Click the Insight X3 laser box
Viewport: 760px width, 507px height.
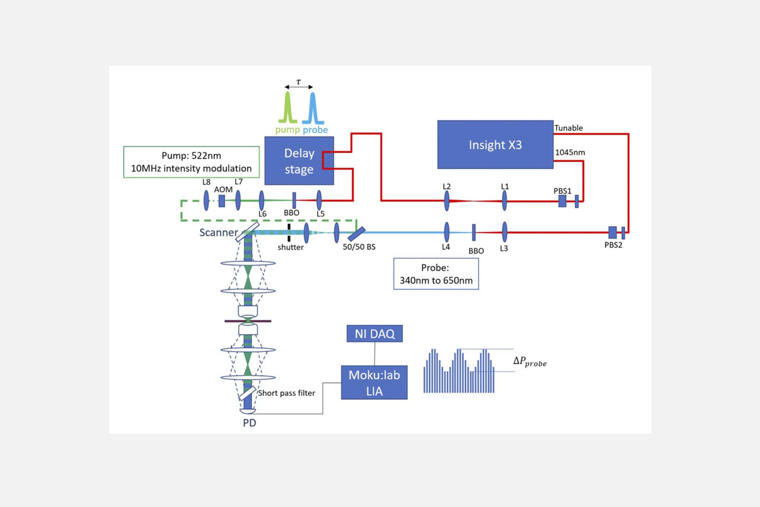495,145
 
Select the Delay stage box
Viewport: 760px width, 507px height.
299,161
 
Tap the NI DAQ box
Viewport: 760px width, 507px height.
374,334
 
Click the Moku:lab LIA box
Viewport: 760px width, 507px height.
374,383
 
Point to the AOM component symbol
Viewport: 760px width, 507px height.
222,201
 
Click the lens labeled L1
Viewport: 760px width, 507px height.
504,200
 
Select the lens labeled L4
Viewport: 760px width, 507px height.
446,232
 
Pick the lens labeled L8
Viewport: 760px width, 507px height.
206,200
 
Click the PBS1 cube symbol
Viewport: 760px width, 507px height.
562,201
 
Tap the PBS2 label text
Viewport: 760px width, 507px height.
613,245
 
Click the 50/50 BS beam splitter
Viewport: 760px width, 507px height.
356,234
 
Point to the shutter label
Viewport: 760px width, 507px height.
291,247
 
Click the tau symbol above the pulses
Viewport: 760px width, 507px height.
298,82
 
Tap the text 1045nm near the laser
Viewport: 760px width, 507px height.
570,152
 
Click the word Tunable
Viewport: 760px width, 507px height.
568,128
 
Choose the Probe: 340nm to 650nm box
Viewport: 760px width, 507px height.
436,274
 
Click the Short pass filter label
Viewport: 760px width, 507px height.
287,393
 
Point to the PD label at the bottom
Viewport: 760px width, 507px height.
249,423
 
